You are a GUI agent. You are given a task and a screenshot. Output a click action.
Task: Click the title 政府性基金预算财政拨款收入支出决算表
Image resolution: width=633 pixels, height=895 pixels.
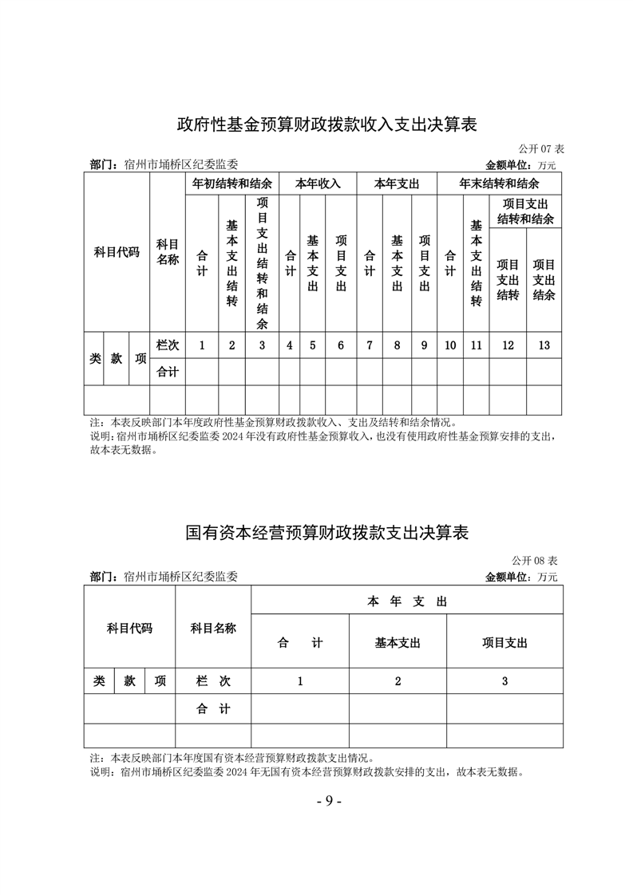click(326, 124)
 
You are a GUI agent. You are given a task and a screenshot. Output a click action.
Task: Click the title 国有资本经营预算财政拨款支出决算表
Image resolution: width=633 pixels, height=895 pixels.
click(326, 532)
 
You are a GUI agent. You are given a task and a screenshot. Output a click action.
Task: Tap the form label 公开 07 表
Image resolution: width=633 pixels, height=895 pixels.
click(541, 149)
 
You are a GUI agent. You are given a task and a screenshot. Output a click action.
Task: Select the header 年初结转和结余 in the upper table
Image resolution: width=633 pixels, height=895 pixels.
click(233, 183)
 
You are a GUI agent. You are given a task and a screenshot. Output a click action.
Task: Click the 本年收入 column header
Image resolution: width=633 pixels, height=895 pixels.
click(318, 183)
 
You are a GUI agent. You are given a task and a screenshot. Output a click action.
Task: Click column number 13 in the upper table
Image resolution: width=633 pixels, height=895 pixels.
click(544, 345)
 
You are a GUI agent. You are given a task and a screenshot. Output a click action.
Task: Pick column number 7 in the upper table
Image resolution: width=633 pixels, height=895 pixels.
click(370, 345)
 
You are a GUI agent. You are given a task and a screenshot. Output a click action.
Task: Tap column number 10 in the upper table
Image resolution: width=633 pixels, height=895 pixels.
click(450, 345)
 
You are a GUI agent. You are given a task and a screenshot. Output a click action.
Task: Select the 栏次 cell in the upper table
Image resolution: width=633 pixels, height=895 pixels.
click(168, 345)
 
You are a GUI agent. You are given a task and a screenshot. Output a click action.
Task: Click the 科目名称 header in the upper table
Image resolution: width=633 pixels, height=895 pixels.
click(168, 251)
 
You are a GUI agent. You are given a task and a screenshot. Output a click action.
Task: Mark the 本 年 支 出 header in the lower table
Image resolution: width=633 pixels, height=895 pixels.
click(407, 601)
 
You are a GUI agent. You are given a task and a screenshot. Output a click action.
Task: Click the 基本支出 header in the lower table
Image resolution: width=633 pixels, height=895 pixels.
click(398, 643)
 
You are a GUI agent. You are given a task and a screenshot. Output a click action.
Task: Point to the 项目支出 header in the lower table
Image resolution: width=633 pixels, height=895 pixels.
click(504, 643)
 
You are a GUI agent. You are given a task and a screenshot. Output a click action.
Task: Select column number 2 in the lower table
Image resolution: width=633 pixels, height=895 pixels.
click(398, 681)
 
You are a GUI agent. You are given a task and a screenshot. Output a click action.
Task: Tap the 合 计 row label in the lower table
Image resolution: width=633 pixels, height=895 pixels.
click(213, 708)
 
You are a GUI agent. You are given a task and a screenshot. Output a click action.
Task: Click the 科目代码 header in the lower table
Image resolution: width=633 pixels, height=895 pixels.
click(129, 629)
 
